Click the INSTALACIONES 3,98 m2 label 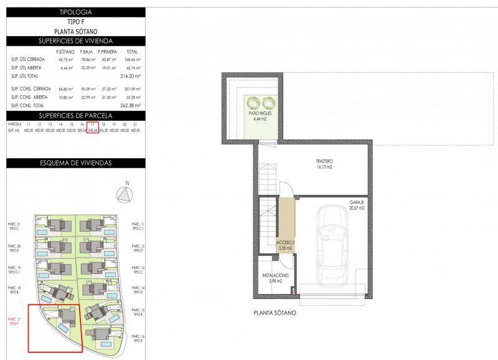pos(275,278)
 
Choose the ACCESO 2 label pos(285,245)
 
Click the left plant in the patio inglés pos(253,103)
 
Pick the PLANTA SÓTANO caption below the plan pos(275,313)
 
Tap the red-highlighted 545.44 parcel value pos(93,130)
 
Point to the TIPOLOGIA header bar pos(76,12)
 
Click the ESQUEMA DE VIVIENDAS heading pos(76,163)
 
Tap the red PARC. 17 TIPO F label pos(14,321)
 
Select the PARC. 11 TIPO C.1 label pos(138,227)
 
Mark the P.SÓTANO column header pos(65,51)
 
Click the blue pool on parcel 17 pos(64,328)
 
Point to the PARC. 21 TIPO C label pos(14,227)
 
